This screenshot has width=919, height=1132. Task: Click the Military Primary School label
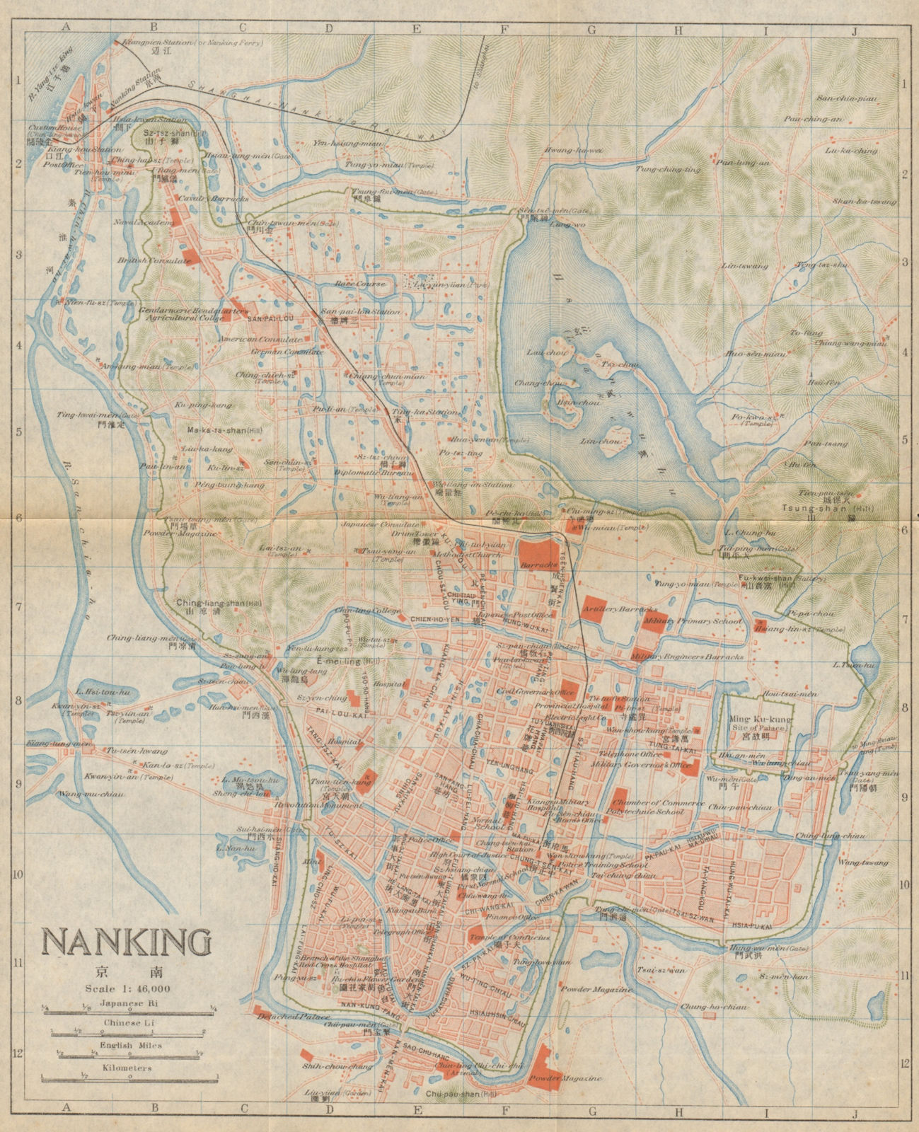tap(693, 620)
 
